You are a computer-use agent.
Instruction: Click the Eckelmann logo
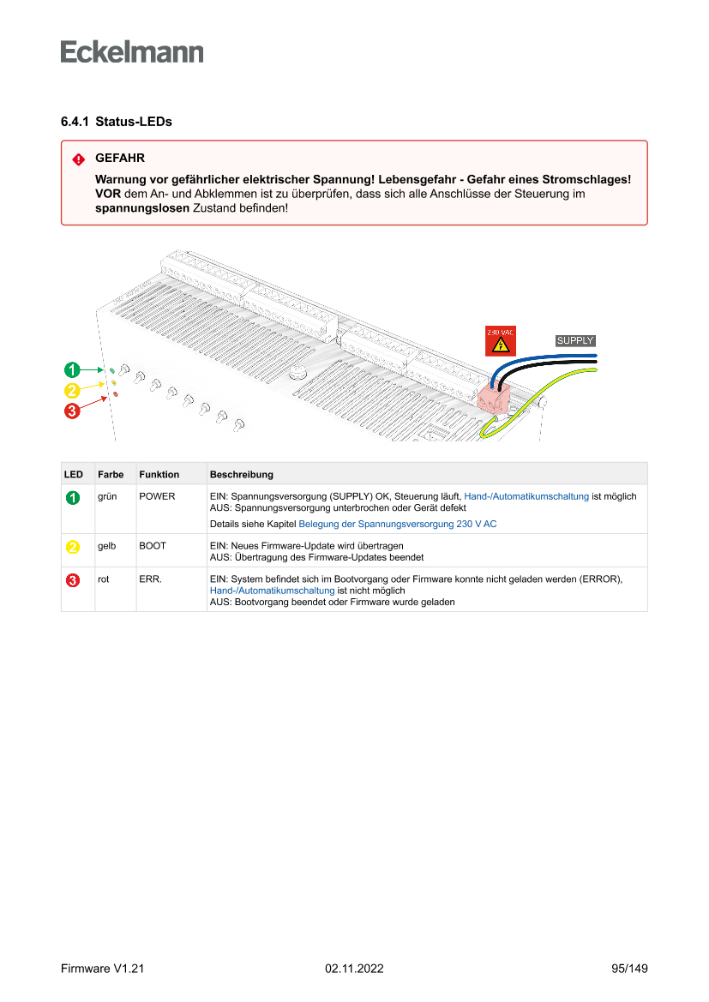[x=132, y=52]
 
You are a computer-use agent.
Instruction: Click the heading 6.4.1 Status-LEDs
[x=117, y=122]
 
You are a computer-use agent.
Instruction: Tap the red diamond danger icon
[x=78, y=159]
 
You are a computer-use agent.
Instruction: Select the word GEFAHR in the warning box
[x=120, y=159]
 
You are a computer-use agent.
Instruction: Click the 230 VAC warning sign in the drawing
[x=501, y=341]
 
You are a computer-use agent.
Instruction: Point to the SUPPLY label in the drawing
[x=575, y=340]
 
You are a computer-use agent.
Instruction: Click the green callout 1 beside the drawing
[x=72, y=370]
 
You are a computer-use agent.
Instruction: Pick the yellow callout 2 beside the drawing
[x=72, y=391]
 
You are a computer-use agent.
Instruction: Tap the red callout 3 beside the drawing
[x=72, y=411]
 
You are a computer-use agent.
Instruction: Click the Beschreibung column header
[x=242, y=474]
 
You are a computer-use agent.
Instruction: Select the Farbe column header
[x=111, y=474]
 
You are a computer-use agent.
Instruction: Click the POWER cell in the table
[x=157, y=496]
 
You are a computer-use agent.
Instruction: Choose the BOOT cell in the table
[x=153, y=545]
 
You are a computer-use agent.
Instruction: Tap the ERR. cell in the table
[x=150, y=579]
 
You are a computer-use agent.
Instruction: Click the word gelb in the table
[x=107, y=545]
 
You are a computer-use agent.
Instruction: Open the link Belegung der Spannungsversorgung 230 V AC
[x=397, y=523]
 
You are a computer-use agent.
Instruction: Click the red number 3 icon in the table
[x=74, y=580]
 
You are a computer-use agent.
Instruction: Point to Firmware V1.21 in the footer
[x=102, y=969]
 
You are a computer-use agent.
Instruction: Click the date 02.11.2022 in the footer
[x=354, y=969]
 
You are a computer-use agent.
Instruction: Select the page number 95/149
[x=629, y=969]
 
